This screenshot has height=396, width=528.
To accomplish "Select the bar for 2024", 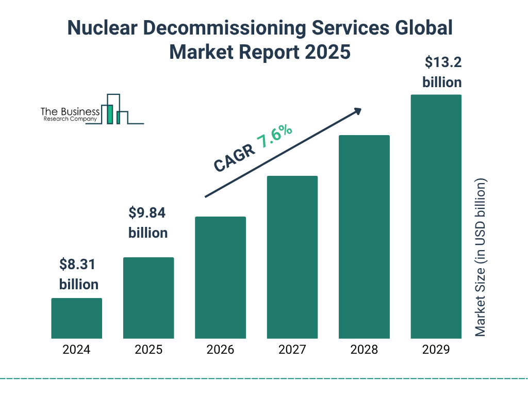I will coord(76,318).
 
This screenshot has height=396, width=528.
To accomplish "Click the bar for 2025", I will coord(148,298).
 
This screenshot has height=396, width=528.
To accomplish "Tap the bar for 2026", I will coord(220,277).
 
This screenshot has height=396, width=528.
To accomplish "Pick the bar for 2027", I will coord(292,257).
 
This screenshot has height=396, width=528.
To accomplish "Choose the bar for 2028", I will coord(364,237).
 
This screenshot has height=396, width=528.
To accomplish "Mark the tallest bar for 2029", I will coord(436,217).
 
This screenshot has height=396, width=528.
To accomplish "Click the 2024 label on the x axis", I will coord(76,350).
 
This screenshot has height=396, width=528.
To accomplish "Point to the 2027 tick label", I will coord(292,350).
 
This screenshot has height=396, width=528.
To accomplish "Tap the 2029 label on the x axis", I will coord(436,350).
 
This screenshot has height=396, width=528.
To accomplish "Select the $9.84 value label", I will coord(148,213).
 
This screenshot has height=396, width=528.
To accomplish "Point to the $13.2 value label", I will coord(442,62).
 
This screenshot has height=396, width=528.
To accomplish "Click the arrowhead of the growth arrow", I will coord(356,111).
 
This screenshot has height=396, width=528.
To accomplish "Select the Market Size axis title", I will coord(481,258).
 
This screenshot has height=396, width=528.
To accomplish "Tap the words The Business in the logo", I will coord(70,112).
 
